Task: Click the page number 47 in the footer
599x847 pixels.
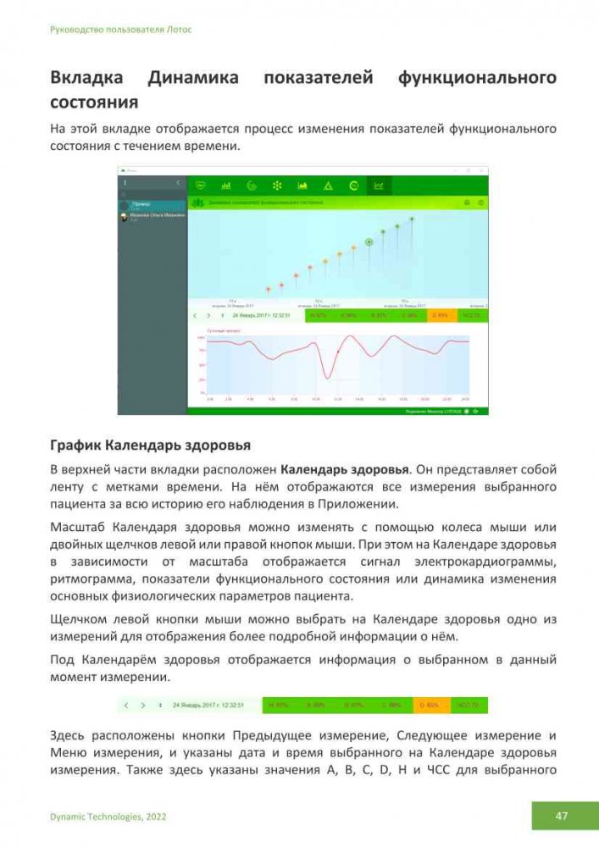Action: tap(561, 817)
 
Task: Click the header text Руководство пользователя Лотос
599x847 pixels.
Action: tap(121, 30)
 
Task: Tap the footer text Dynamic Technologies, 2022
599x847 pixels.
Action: tap(108, 817)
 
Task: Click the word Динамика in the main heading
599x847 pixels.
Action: tap(192, 79)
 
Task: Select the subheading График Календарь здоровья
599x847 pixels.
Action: tap(150, 445)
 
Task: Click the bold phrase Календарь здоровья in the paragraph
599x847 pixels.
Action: tap(345, 468)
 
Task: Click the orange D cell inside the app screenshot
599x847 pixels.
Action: tap(441, 315)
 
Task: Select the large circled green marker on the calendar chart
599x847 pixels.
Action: tap(369, 242)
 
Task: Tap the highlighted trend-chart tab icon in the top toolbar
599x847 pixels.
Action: tap(379, 185)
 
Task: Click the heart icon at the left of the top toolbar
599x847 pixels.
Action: tap(201, 185)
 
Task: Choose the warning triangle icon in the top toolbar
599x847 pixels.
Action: tap(328, 185)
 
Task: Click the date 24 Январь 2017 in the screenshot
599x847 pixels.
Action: tap(261, 315)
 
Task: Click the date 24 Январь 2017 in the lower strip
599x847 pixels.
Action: tap(208, 705)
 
